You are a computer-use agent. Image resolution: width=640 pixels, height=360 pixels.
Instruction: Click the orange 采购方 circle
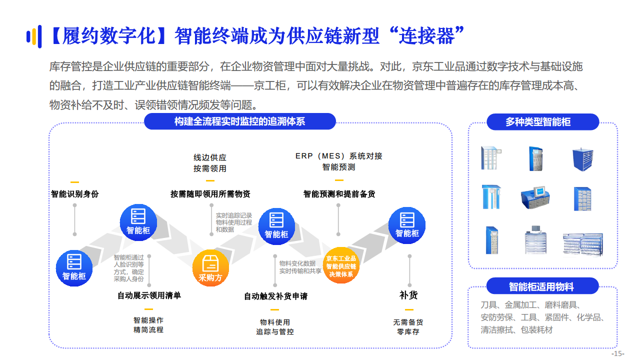pos(210,268)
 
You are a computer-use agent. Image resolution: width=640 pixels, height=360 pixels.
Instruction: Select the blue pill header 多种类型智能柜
pos(538,121)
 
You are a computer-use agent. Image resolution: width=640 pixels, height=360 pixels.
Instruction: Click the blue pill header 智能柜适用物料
pos(541,286)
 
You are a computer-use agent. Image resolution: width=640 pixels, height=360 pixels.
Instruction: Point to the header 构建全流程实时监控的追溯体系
pos(239,121)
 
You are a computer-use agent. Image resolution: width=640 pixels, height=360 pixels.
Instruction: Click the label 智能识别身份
pos(75,194)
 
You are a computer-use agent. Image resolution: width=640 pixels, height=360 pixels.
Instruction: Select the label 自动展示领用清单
pos(149,295)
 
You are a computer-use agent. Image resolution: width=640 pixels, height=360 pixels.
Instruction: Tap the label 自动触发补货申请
pos(275,296)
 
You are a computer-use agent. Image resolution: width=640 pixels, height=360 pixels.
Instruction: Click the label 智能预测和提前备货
pos(339,194)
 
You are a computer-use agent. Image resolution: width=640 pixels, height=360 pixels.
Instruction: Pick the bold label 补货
pos(408,295)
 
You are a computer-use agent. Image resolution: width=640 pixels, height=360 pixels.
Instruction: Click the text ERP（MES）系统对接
pos(338,156)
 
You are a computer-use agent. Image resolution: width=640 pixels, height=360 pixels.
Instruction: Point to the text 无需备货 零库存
pos(408,327)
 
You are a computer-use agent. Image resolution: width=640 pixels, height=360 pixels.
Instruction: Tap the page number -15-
pos(618,353)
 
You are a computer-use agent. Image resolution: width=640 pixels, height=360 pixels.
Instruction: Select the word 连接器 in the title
pos(426,36)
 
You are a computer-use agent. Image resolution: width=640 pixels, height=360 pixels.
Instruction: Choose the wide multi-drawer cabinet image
pos(582,244)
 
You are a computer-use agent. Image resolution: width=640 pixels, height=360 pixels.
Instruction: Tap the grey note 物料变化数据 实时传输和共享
pos(300,267)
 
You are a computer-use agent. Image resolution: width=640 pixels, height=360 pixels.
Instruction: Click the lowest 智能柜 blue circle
pos(74,268)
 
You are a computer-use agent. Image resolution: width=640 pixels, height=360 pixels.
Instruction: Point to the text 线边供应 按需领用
pos(210,163)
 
